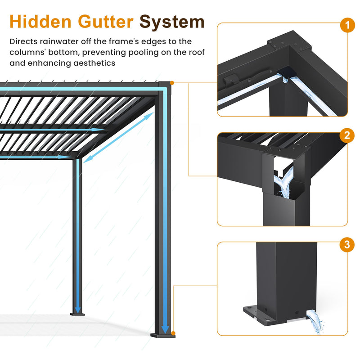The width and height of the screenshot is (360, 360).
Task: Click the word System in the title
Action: pyautogui.click(x=172, y=21)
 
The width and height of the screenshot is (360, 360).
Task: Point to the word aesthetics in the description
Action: pyautogui.click(x=94, y=63)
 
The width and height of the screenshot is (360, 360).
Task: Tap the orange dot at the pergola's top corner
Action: pyautogui.click(x=173, y=83)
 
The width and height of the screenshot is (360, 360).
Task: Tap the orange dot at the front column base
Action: pyautogui.click(x=173, y=333)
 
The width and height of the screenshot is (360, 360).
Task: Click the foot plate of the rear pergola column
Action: pyautogui.click(x=77, y=314)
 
